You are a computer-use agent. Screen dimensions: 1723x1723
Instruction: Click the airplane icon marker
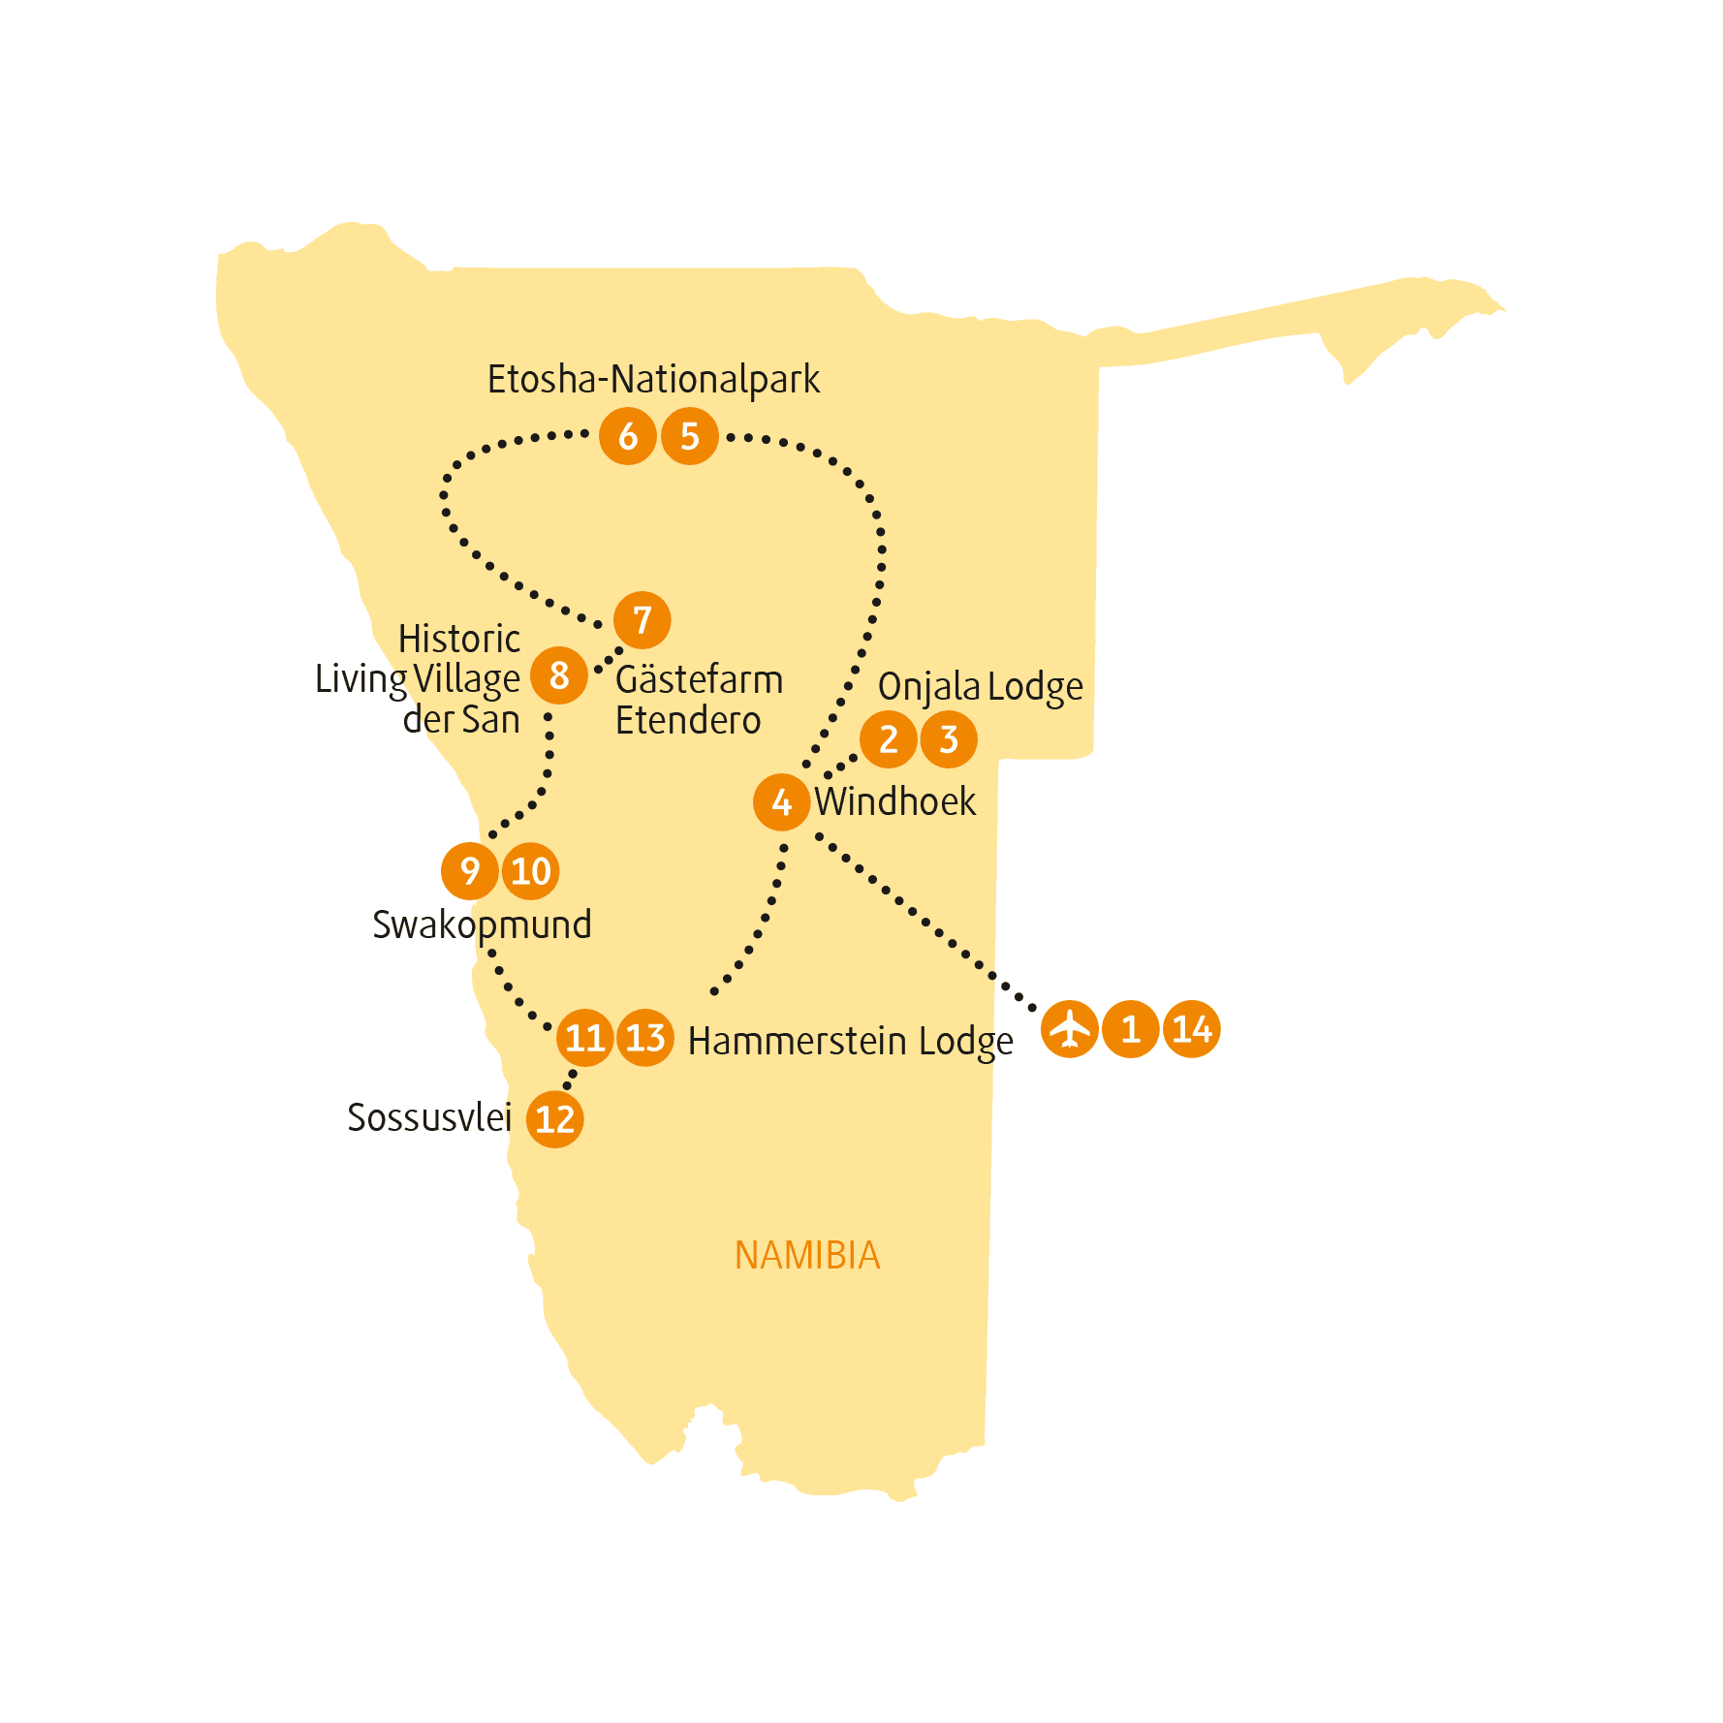click(1070, 1029)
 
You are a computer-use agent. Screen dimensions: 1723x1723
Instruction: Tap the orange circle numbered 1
click(1130, 1029)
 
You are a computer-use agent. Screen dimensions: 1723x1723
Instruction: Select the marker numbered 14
click(1191, 1029)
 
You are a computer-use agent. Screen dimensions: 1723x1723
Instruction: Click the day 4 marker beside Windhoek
click(782, 802)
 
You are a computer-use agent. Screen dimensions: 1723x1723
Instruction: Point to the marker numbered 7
click(642, 620)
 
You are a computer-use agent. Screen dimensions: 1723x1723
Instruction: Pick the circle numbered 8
click(559, 675)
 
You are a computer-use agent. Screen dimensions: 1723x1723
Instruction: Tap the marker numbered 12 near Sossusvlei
click(555, 1119)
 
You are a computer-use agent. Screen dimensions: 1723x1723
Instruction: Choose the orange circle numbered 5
click(690, 436)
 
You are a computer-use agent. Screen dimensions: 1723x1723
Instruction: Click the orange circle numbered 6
click(628, 436)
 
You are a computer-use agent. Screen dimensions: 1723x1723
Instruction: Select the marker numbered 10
click(531, 871)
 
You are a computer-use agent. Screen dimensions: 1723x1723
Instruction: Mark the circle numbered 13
click(645, 1038)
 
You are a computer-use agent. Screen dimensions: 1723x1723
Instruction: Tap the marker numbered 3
click(949, 739)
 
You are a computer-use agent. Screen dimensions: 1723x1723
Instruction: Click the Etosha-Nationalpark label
click(653, 380)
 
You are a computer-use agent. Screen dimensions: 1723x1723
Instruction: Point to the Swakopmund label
click(482, 925)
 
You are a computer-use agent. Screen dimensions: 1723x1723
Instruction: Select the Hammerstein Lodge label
click(850, 1042)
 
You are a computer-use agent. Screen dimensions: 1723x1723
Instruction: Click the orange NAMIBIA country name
click(807, 1256)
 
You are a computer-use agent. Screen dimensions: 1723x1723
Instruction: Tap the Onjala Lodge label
click(980, 687)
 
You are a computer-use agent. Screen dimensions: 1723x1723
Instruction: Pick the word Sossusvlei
click(429, 1117)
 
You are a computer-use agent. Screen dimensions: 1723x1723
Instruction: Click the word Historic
click(459, 639)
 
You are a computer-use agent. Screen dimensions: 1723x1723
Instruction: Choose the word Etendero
click(688, 720)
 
